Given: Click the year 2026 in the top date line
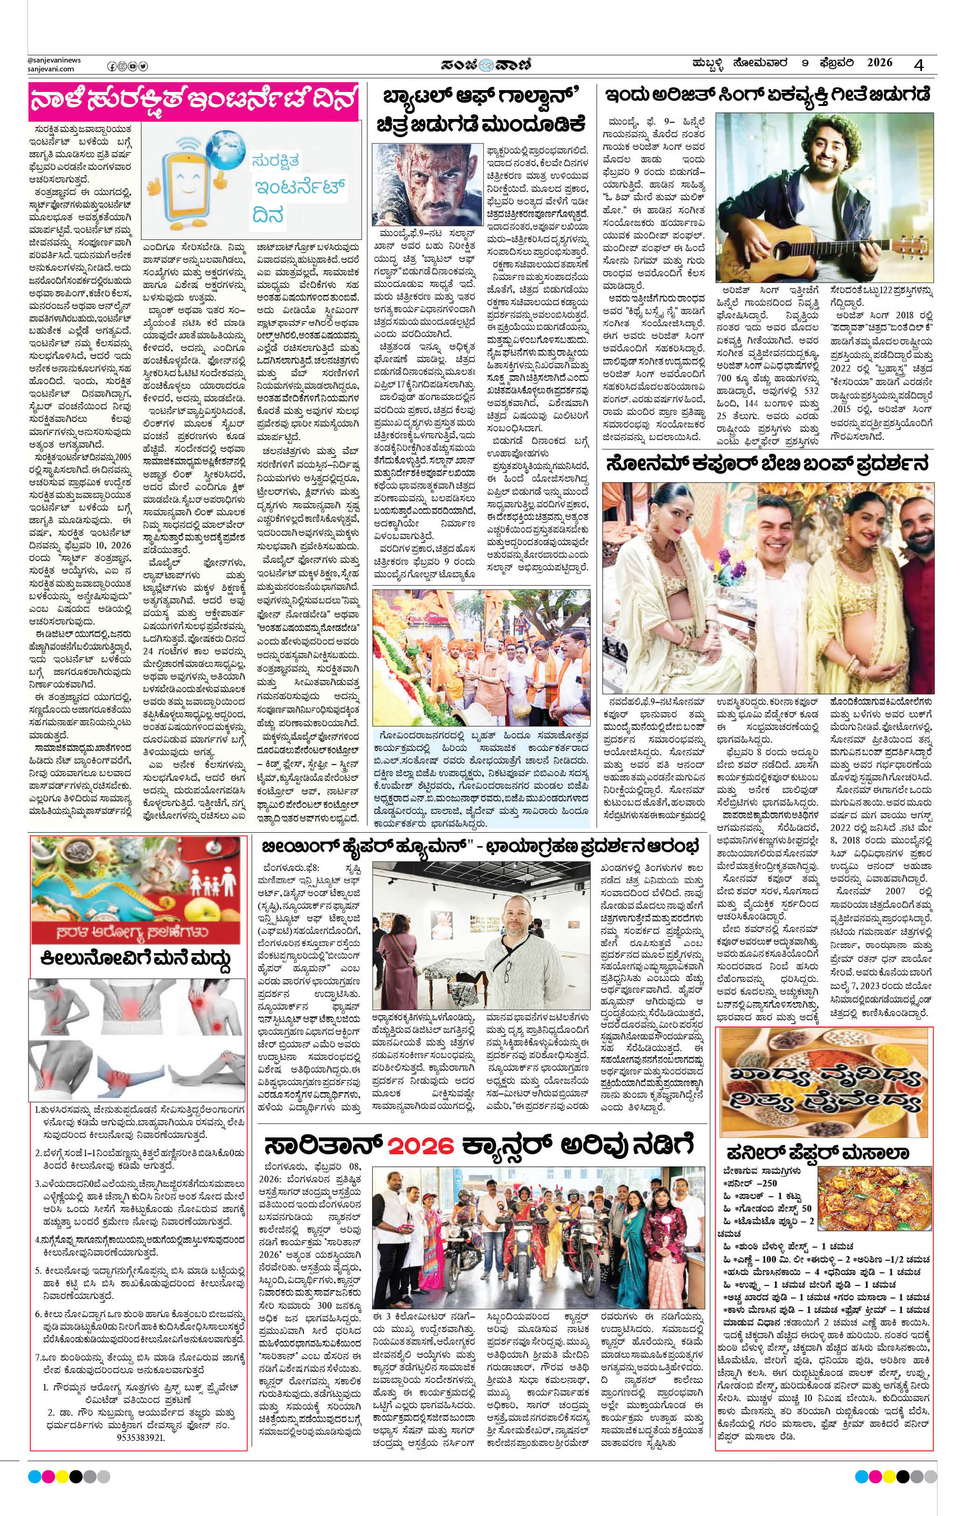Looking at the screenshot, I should click(880, 63).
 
